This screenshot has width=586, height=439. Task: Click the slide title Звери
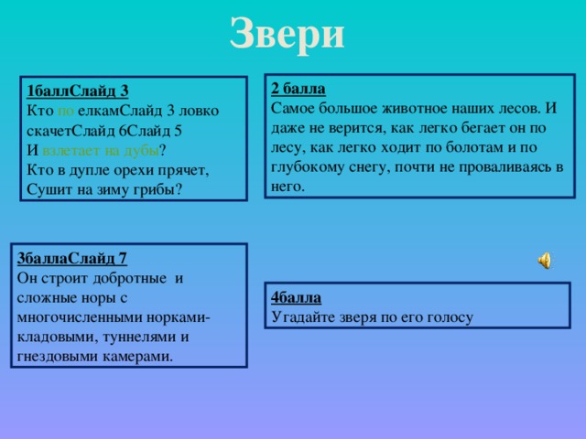(x=287, y=34)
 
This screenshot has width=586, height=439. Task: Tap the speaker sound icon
(x=544, y=261)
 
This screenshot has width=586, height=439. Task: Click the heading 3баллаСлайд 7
(x=72, y=257)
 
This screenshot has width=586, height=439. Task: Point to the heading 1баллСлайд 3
(x=78, y=91)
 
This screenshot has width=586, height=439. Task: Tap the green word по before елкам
(x=65, y=111)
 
